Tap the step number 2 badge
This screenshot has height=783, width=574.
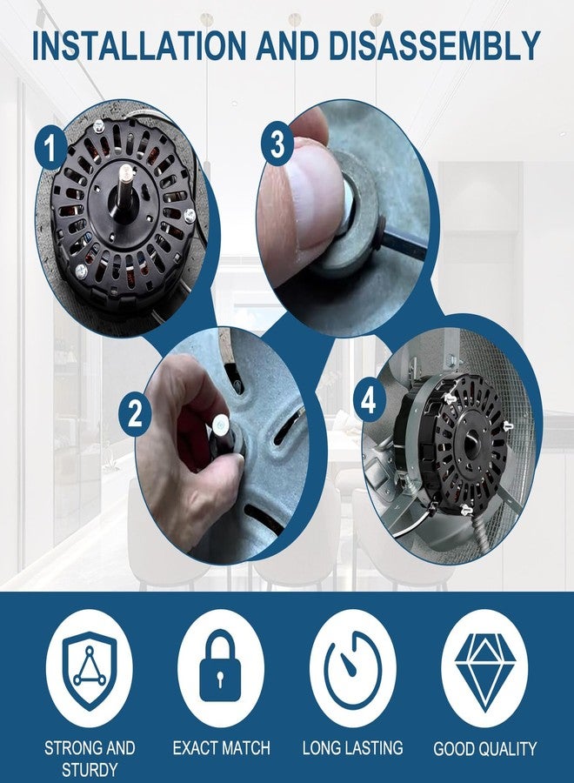[135, 414]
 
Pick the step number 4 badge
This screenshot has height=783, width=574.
[369, 401]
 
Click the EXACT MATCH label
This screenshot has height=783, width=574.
[221, 747]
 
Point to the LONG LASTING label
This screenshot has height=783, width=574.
[352, 747]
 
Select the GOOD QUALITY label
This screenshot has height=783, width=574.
[484, 747]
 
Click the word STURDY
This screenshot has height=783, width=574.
[90, 769]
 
